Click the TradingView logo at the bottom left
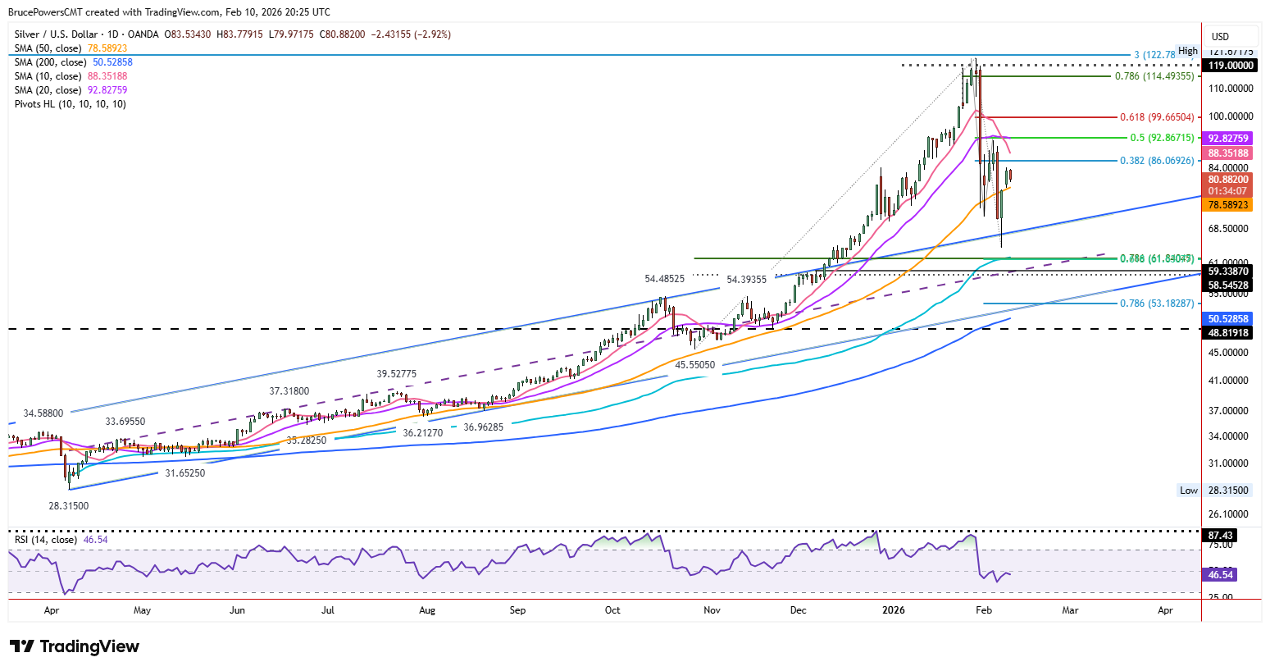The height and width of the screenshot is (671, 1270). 75,646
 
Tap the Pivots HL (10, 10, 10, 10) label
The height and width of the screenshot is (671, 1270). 71,104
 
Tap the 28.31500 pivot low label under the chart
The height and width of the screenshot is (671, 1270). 69,506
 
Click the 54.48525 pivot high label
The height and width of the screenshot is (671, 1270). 665,280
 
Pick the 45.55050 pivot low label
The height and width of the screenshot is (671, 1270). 695,365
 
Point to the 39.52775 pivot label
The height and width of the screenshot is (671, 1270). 397,374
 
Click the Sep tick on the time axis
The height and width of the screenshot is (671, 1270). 517,610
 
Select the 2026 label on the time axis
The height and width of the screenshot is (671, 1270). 893,610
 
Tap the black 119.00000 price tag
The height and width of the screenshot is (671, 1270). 1229,65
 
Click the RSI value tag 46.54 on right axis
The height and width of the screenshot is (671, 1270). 1221,575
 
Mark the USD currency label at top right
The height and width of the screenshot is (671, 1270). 1220,36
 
